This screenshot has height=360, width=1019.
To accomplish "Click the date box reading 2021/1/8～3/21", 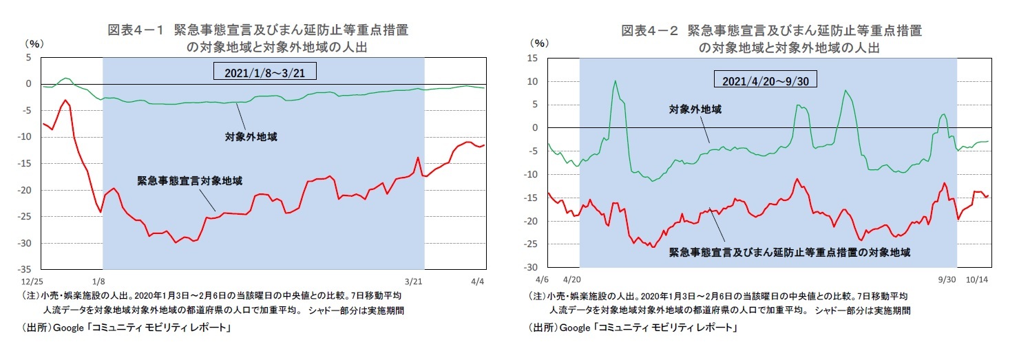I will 264,72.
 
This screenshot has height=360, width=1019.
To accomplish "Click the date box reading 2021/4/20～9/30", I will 769,81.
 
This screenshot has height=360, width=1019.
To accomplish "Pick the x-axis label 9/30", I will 947,281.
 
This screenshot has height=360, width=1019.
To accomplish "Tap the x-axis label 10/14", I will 977,281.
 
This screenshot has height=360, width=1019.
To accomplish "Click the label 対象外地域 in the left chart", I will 251,137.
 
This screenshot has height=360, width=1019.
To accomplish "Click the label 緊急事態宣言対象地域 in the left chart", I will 189,180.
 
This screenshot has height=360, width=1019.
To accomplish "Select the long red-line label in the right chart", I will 790,253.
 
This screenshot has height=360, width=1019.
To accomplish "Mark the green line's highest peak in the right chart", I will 615,81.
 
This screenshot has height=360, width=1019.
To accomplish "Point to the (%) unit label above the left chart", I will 34,43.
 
